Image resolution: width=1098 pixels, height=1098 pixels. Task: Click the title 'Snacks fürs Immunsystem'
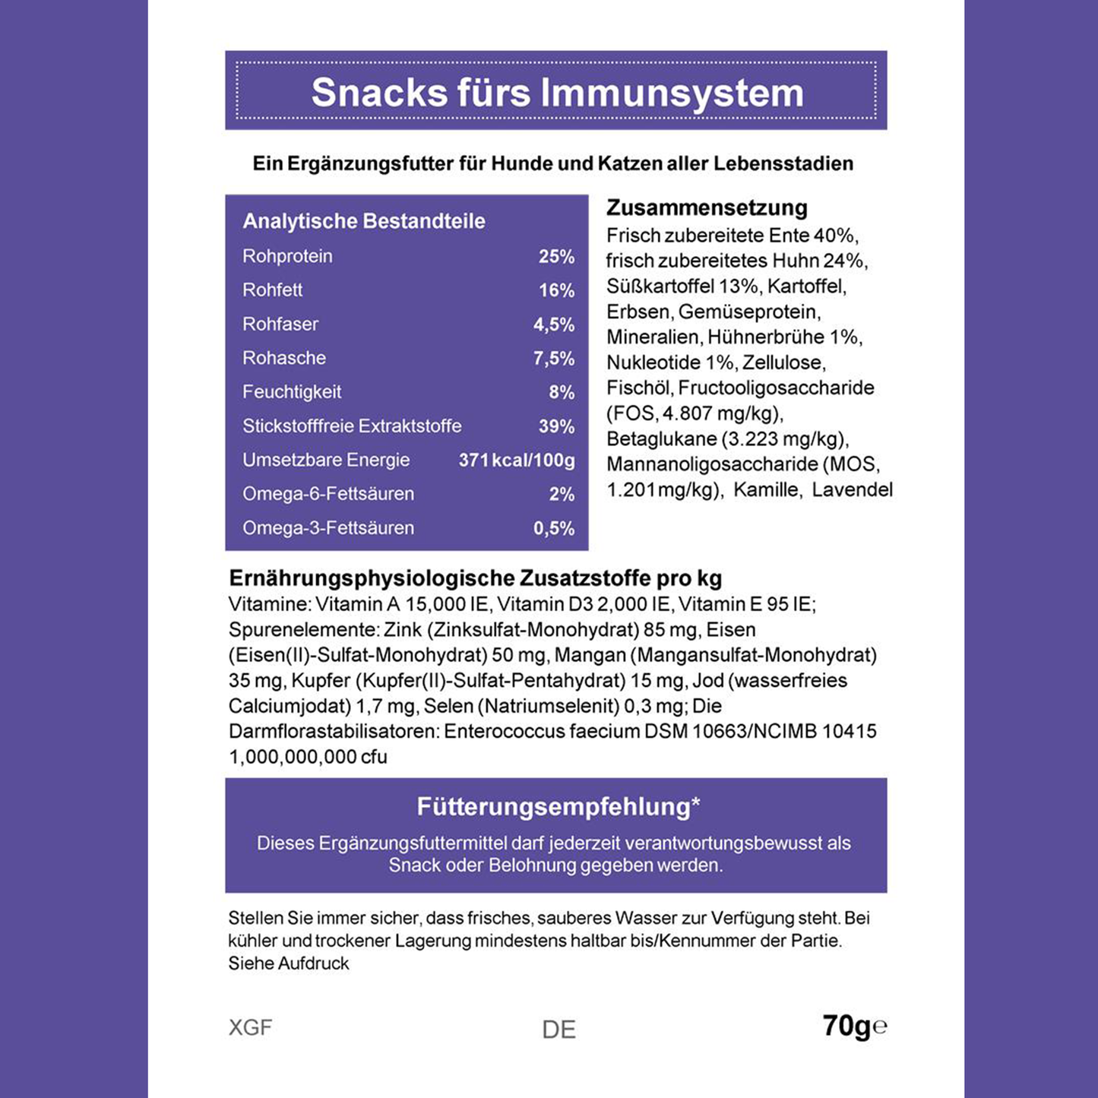tap(557, 93)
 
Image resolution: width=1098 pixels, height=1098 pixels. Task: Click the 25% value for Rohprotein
tap(556, 257)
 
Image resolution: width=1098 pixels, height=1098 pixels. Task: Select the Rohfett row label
tap(272, 290)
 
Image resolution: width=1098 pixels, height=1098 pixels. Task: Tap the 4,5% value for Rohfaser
tap(554, 324)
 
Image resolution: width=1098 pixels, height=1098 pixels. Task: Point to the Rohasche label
tap(284, 358)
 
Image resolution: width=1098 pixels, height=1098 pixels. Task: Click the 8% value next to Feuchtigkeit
tap(562, 392)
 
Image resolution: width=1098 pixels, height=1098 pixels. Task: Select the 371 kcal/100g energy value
tap(517, 460)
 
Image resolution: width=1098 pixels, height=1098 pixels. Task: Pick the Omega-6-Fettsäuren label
tap(328, 494)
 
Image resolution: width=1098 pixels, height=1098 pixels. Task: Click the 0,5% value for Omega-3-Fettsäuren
tap(554, 528)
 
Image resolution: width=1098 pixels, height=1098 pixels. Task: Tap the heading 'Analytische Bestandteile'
tap(363, 221)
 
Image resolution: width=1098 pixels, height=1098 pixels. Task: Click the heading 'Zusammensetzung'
tap(707, 207)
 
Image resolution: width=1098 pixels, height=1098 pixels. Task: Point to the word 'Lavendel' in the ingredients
tap(852, 489)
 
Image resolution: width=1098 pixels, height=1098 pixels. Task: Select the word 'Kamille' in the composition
tap(767, 489)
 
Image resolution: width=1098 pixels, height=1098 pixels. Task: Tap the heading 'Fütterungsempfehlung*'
tap(558, 806)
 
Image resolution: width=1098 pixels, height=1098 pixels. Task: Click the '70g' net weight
tap(846, 1026)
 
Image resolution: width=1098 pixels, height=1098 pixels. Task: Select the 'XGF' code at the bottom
tap(250, 1027)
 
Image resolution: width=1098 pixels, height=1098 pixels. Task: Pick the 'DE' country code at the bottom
tap(558, 1030)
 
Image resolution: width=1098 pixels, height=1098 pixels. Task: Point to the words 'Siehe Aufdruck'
tap(289, 964)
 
